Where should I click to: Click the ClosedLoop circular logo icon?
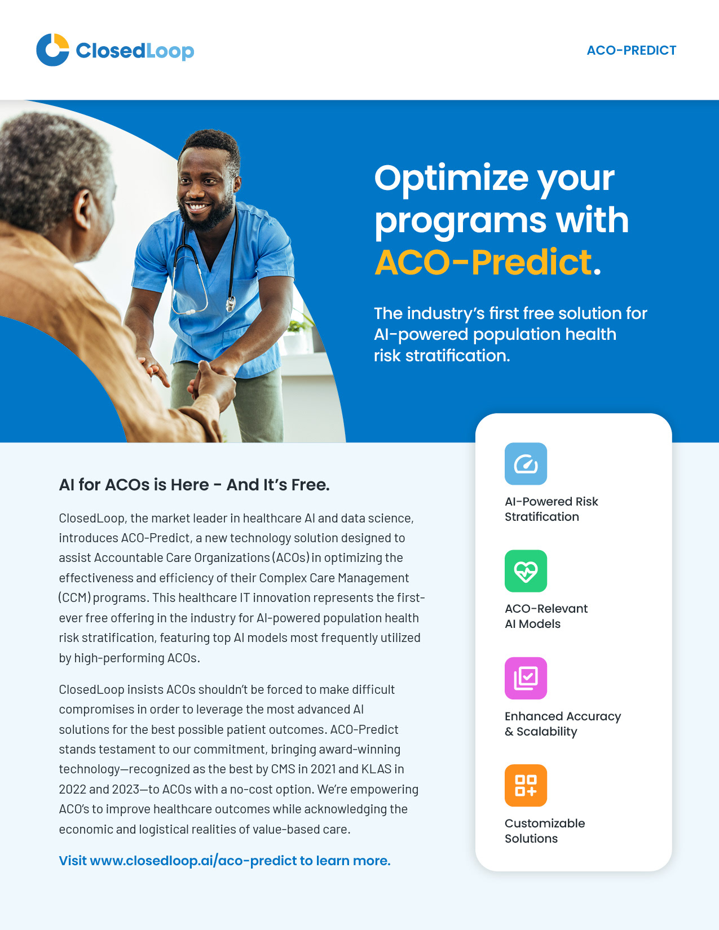52,50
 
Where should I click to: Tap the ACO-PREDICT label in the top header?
631,51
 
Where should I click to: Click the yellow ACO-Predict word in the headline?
483,262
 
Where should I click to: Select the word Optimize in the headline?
451,179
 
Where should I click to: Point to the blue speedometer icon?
526,463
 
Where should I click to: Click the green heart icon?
526,571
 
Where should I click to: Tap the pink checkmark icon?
526,679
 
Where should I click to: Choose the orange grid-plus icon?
526,785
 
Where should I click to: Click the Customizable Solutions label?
545,831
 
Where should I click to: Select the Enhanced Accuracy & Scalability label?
563,724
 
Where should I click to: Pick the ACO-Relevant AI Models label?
546,616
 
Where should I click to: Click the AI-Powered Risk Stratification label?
551,509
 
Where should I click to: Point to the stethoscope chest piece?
231,304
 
